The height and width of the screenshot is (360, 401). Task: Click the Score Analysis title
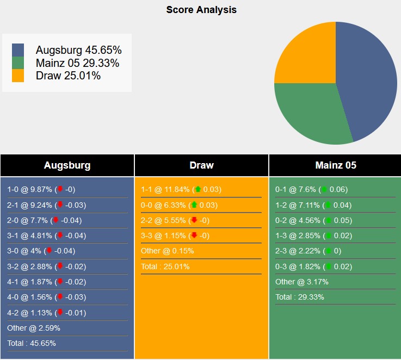pyautogui.click(x=201, y=10)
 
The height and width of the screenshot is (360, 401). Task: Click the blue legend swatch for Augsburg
pyautogui.click(x=18, y=50)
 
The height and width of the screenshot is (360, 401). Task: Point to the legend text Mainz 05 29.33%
pyautogui.click(x=77, y=63)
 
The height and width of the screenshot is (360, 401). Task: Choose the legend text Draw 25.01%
pyautogui.click(x=68, y=76)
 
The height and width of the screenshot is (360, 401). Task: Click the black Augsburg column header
pyautogui.click(x=67, y=165)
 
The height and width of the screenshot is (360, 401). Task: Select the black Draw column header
pyautogui.click(x=201, y=165)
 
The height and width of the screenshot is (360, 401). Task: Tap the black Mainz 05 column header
pyautogui.click(x=335, y=165)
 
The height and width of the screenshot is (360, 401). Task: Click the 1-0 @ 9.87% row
pyautogui.click(x=41, y=190)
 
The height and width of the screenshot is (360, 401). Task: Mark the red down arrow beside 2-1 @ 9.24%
pyautogui.click(x=60, y=205)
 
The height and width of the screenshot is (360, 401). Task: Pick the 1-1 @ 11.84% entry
pyautogui.click(x=181, y=190)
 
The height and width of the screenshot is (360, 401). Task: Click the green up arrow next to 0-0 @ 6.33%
pyautogui.click(x=194, y=205)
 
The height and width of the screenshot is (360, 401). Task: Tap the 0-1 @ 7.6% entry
pyautogui.click(x=311, y=190)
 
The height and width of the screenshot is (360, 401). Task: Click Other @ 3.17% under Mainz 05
pyautogui.click(x=301, y=282)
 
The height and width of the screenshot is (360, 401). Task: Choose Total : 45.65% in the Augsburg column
pyautogui.click(x=32, y=343)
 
